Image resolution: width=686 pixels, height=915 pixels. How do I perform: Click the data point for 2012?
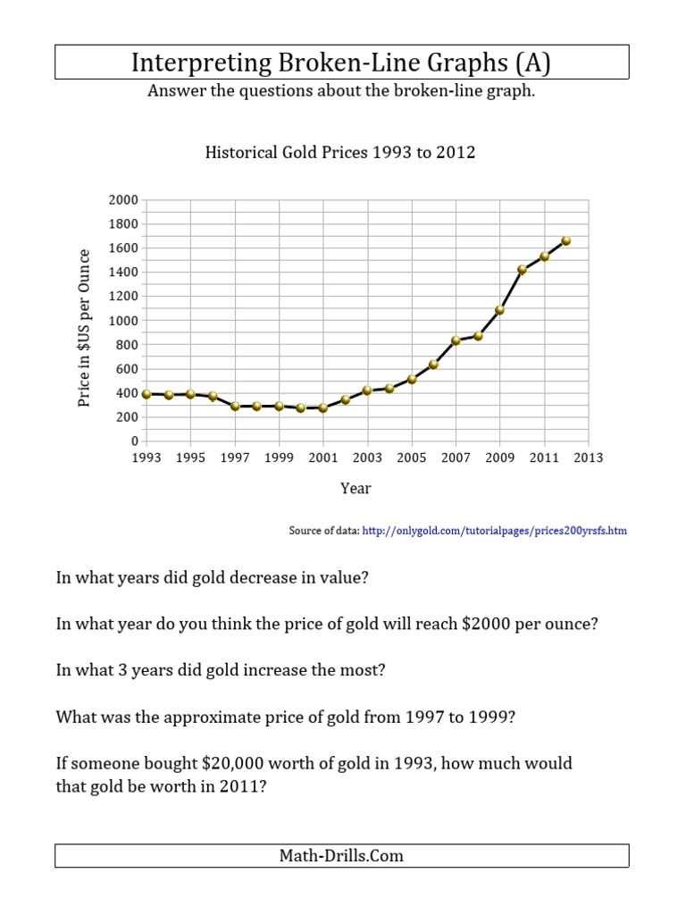tap(566, 240)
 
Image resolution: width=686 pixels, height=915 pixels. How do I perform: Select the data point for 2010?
tap(523, 269)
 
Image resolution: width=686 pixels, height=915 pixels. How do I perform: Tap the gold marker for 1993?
tap(146, 393)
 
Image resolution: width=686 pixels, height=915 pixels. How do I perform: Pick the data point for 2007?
tap(456, 340)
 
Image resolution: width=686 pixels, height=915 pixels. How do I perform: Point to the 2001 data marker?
tap(323, 407)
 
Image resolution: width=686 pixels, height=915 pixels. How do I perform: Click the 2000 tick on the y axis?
tap(123, 199)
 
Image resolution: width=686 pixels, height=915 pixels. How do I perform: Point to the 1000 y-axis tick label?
tap(123, 320)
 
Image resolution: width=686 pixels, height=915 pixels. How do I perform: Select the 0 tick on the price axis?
tap(134, 441)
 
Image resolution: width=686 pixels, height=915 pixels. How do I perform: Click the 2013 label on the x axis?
tap(589, 457)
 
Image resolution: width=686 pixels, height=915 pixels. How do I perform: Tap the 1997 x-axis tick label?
tap(235, 457)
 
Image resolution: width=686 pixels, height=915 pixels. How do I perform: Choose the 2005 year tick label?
tap(412, 457)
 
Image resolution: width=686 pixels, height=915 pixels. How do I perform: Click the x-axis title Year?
tap(356, 488)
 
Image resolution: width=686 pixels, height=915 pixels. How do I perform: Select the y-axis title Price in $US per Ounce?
tap(85, 328)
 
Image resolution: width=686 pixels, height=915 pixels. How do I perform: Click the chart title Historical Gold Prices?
tap(340, 153)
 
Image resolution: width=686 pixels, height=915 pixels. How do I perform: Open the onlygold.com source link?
tap(495, 531)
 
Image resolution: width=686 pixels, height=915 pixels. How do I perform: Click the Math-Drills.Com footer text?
tap(341, 856)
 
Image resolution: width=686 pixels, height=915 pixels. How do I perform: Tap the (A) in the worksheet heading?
tap(532, 63)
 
